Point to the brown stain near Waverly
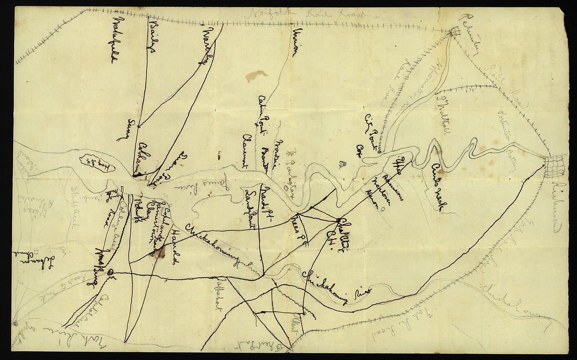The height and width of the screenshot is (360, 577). tap(255, 76)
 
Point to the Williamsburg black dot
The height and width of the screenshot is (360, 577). tap(110, 272)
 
